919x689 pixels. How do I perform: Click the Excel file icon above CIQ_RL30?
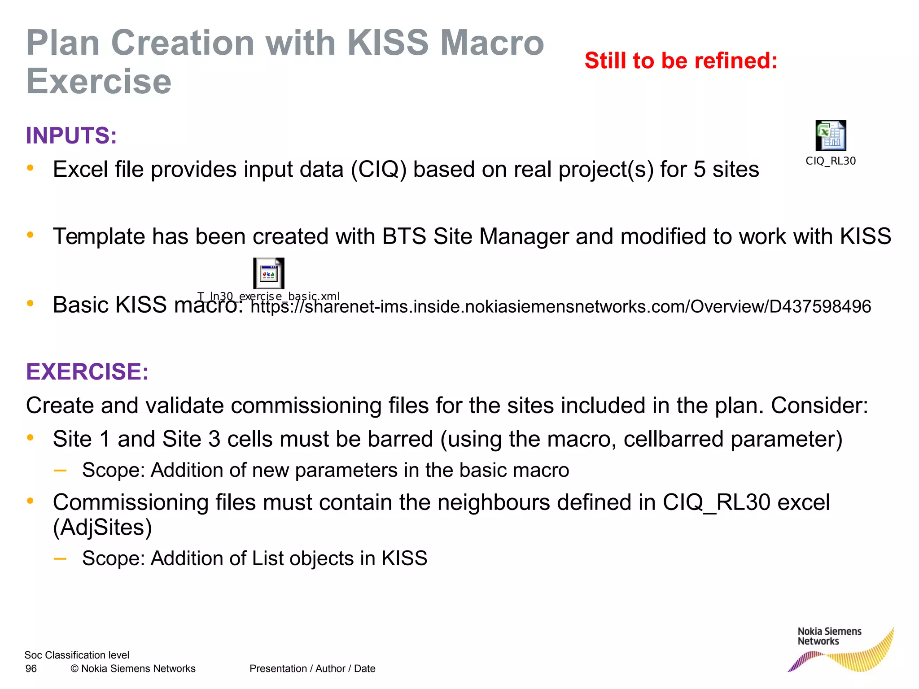point(831,135)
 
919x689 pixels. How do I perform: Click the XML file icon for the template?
point(268,273)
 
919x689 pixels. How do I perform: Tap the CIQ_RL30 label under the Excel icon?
point(831,161)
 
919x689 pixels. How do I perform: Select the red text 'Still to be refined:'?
point(681,61)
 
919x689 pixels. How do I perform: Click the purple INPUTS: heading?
point(71,135)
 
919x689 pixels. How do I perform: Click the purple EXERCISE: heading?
point(87,371)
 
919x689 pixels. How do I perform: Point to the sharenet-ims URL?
point(560,307)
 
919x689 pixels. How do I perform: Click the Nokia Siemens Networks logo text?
point(829,636)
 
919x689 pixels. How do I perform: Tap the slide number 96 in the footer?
point(31,668)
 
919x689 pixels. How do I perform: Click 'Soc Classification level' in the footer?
point(77,655)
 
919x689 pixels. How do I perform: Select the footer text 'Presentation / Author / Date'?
point(312,668)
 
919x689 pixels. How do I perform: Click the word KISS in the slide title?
point(388,43)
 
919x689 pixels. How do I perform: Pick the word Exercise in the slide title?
point(99,82)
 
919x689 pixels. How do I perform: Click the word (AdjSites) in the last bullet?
point(102,527)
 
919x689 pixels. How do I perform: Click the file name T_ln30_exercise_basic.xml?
point(268,296)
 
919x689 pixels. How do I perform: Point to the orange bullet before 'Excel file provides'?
point(30,168)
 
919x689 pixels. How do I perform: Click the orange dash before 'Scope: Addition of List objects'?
point(60,558)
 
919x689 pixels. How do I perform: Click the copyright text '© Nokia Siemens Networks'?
point(133,668)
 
